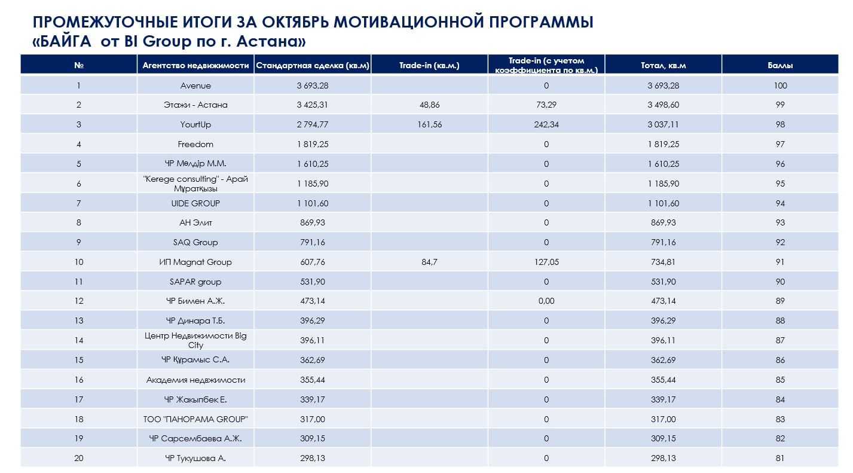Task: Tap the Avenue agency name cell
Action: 195,86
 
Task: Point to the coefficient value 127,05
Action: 546,262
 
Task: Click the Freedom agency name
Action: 195,144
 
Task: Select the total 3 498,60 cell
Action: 664,105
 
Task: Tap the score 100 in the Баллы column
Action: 780,86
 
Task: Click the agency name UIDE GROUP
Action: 195,203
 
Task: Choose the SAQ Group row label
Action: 195,242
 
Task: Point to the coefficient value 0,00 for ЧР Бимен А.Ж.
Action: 546,301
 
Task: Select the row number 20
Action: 78,459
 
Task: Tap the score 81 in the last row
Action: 780,459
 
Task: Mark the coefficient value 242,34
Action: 546,125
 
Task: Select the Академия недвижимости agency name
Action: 195,380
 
